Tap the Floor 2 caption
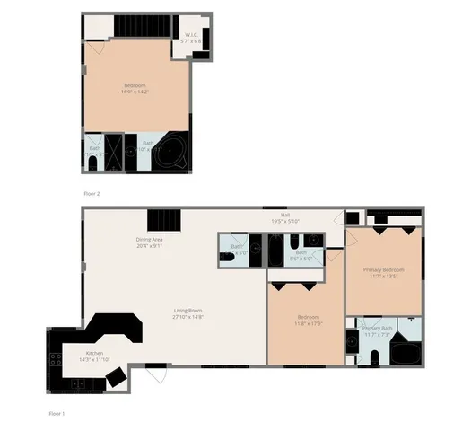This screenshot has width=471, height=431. [x=92, y=193]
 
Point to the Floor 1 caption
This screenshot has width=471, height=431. [x=56, y=413]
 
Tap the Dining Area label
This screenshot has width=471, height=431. [x=150, y=242]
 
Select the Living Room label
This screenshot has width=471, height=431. [x=188, y=314]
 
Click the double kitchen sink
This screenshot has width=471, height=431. [x=77, y=383]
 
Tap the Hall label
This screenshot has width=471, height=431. [x=285, y=217]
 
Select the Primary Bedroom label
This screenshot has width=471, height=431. [x=383, y=272]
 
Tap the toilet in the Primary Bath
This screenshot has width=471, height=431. [x=373, y=358]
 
